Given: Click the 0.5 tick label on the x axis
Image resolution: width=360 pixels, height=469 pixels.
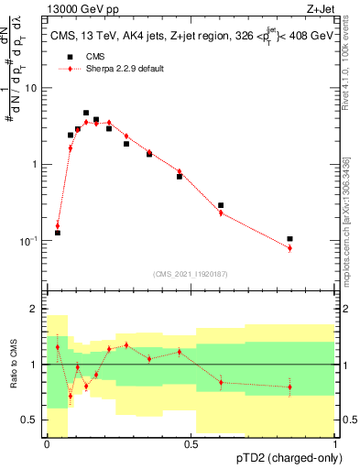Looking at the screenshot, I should (x=191, y=444).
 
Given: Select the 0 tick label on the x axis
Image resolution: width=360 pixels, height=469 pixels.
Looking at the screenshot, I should (x=47, y=444).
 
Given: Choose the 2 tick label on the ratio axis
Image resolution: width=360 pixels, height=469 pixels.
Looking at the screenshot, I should (x=35, y=310).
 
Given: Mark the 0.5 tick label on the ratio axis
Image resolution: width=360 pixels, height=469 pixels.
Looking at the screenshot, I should (x=33, y=420).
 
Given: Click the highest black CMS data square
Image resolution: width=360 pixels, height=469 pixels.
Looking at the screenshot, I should (x=86, y=113).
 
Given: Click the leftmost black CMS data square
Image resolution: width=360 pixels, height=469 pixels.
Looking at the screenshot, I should (x=58, y=233).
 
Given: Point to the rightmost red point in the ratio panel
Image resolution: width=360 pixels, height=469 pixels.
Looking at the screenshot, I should (x=289, y=387).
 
